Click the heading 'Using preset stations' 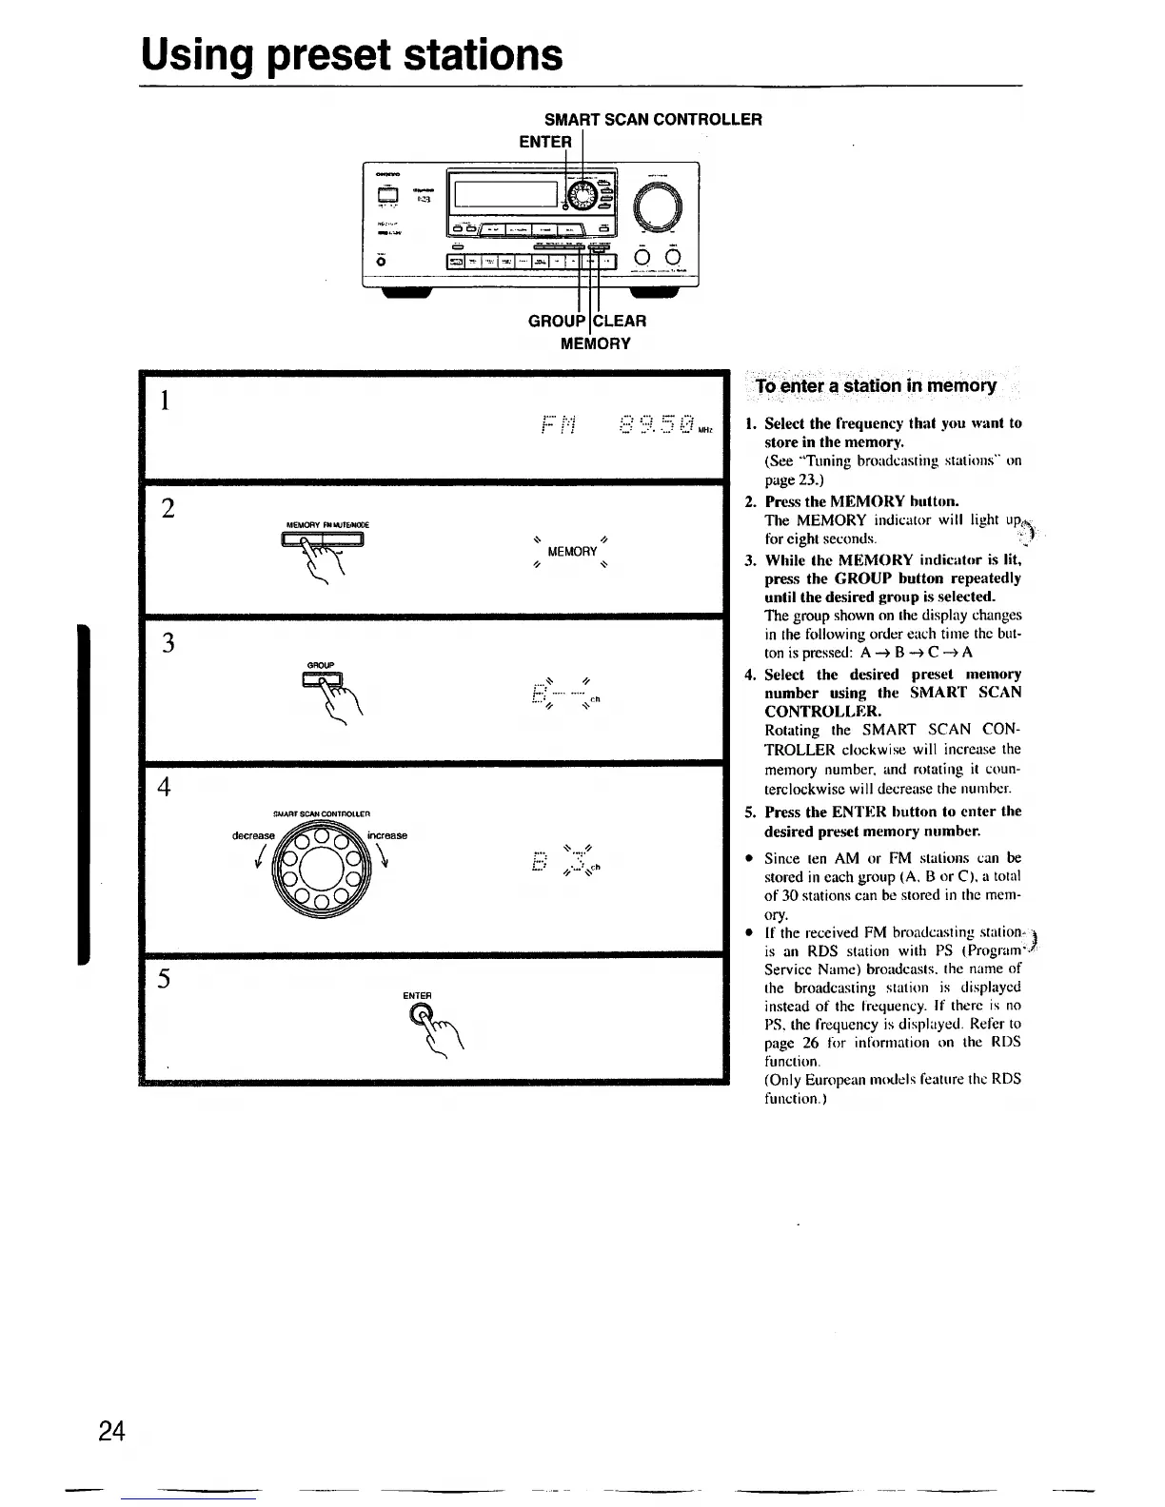tap(351, 54)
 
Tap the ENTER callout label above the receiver tap(545, 142)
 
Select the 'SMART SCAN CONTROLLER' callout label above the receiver tap(652, 119)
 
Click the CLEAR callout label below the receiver tap(622, 321)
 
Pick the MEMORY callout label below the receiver tap(595, 342)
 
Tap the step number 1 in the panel tap(166, 401)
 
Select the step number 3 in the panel tap(168, 643)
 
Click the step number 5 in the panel tap(165, 979)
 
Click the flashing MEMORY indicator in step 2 tap(572, 551)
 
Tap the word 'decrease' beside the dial tap(252, 835)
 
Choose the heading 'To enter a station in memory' tap(875, 385)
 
